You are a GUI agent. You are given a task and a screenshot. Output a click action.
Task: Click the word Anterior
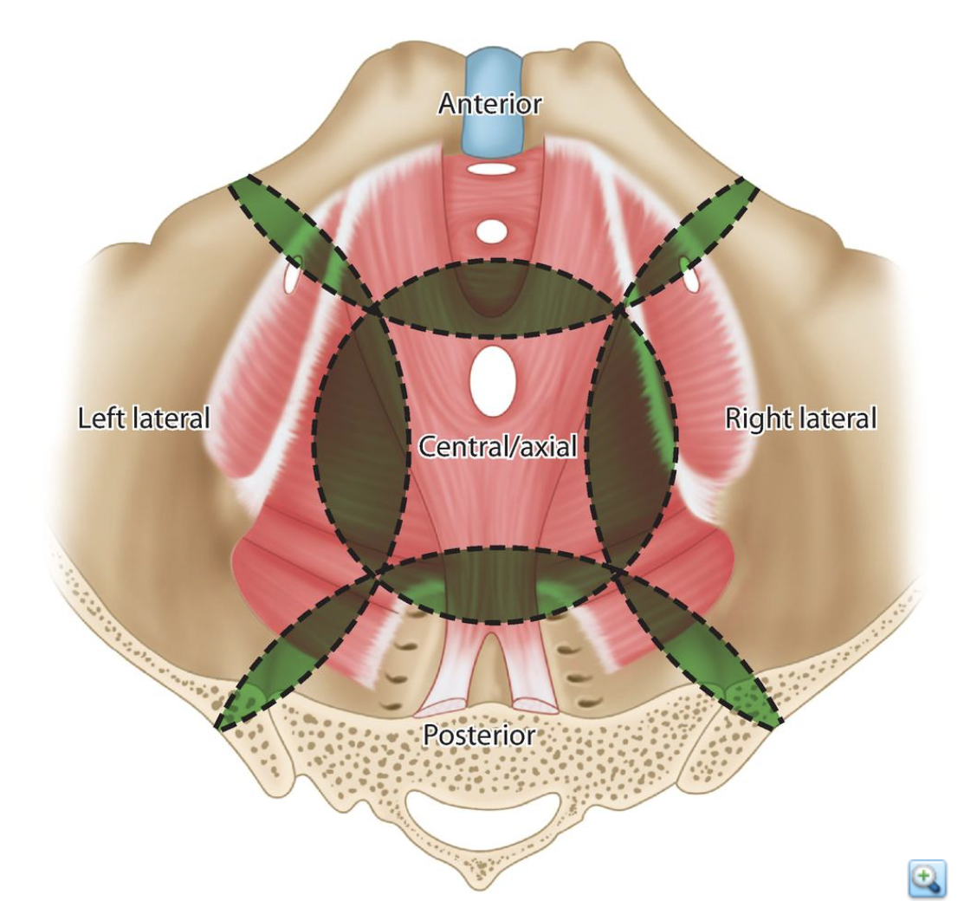[x=489, y=104]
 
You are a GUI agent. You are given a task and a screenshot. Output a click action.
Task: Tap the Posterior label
[x=478, y=736]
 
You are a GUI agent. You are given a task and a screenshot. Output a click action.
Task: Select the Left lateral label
[x=144, y=418]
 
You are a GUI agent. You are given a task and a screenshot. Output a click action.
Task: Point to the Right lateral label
[x=800, y=418]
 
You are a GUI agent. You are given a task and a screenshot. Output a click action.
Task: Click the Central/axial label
[x=497, y=446]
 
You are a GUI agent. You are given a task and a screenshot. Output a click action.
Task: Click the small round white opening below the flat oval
[x=491, y=231]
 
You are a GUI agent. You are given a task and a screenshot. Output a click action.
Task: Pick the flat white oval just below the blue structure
[x=491, y=169]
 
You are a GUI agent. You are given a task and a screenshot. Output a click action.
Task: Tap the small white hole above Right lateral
[x=690, y=275]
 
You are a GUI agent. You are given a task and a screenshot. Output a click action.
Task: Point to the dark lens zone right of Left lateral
[x=360, y=442]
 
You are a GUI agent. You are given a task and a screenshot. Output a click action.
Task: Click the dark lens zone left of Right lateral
[x=632, y=442]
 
